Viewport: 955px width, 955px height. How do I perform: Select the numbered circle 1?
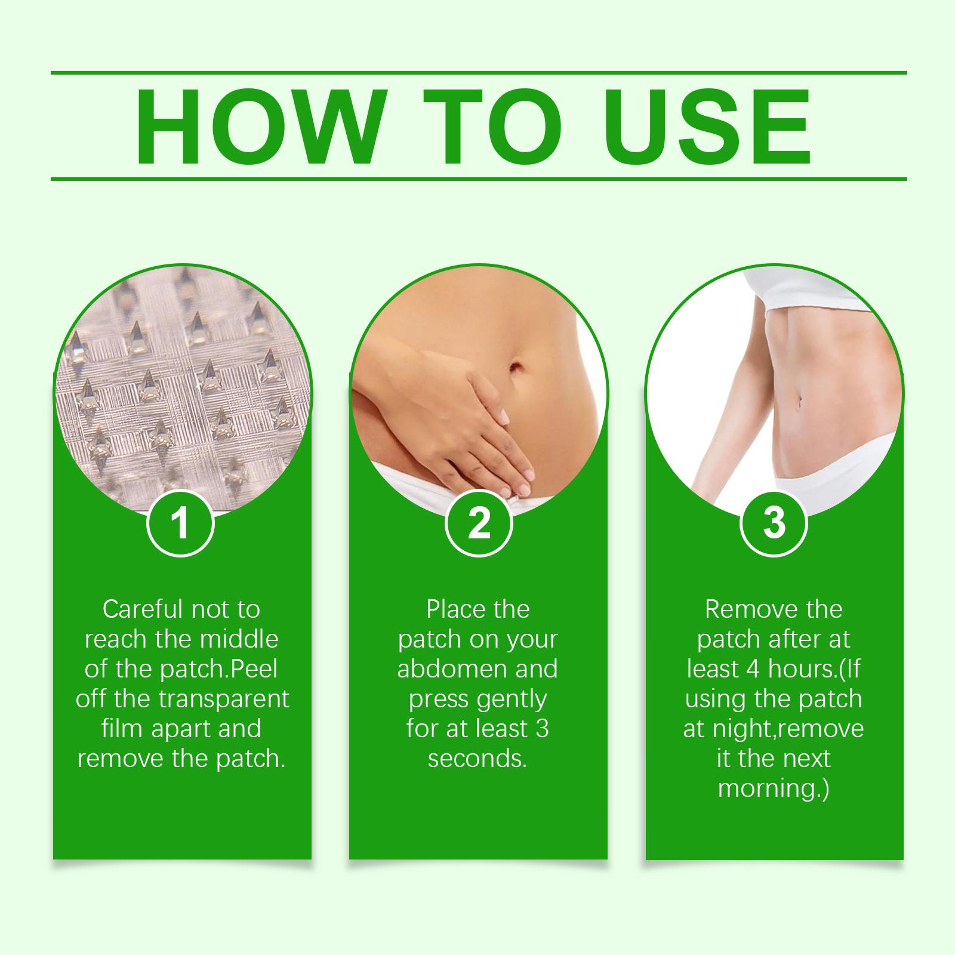point(180,523)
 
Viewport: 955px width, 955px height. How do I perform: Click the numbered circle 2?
point(479,523)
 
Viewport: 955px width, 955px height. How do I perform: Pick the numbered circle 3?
point(774,523)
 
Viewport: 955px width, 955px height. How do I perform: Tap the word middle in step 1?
point(239,639)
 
